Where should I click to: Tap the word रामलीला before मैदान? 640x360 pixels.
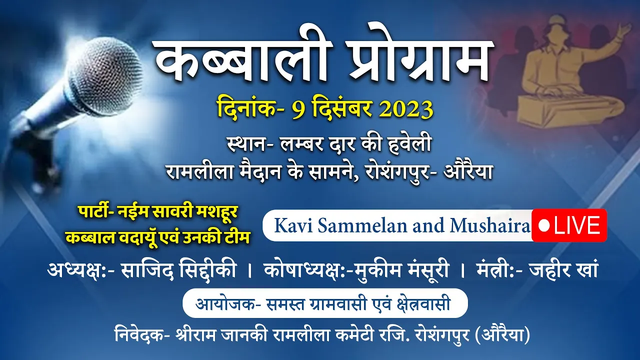pyautogui.click(x=199, y=171)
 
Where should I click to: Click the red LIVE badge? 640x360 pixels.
pyautogui.click(x=569, y=225)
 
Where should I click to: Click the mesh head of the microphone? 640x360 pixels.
pyautogui.click(x=106, y=75)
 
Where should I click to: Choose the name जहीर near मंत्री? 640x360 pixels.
pyautogui.click(x=548, y=270)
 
